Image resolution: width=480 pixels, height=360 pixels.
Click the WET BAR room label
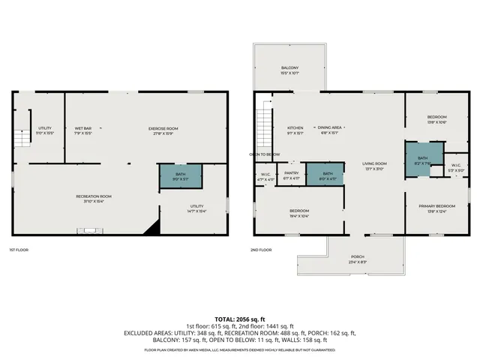(x=83, y=128)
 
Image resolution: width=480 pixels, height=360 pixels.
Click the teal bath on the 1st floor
(x=181, y=176)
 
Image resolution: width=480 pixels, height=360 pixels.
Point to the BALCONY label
(x=289, y=68)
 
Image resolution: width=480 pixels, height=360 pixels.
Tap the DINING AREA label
(x=330, y=127)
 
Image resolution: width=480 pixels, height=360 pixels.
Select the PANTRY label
(x=292, y=173)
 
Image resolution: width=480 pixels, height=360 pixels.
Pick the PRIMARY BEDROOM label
(x=436, y=205)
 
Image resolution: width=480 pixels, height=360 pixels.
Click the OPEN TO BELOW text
(x=265, y=154)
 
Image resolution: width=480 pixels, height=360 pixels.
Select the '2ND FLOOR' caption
(x=262, y=250)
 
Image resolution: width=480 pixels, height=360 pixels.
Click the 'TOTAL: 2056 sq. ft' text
(x=240, y=319)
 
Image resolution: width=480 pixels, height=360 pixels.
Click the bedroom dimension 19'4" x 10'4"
(x=299, y=216)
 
